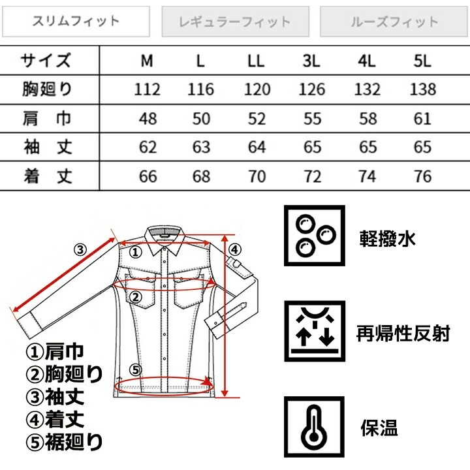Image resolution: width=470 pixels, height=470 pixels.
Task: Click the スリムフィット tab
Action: [x=76, y=22]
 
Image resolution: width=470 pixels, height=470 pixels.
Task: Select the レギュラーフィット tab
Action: [x=234, y=22]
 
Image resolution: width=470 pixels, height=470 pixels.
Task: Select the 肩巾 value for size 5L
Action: [x=422, y=118]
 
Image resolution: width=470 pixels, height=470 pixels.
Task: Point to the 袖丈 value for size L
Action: [x=200, y=146]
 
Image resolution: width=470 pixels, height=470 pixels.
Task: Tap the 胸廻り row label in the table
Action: [x=46, y=89]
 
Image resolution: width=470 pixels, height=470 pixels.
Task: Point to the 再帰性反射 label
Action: [x=403, y=334]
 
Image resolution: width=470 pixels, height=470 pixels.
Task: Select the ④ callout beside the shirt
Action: [x=236, y=249]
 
